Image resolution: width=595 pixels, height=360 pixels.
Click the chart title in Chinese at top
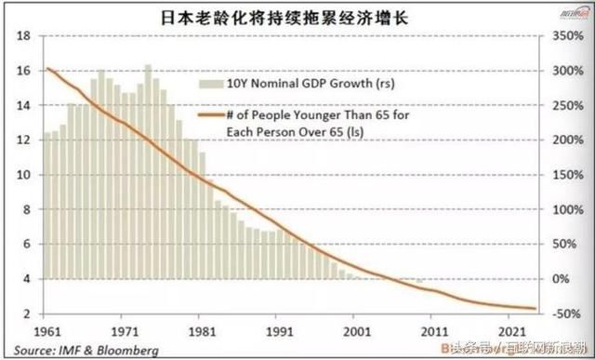pos(297,16)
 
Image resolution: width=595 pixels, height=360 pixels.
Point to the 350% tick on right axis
pos(566,35)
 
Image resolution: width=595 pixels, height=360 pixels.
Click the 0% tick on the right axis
pos(562,278)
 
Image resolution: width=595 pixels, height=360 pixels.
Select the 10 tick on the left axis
pos(23,175)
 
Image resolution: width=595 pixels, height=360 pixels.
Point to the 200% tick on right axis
pos(566,140)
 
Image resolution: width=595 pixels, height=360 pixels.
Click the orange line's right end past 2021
pos(535,308)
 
